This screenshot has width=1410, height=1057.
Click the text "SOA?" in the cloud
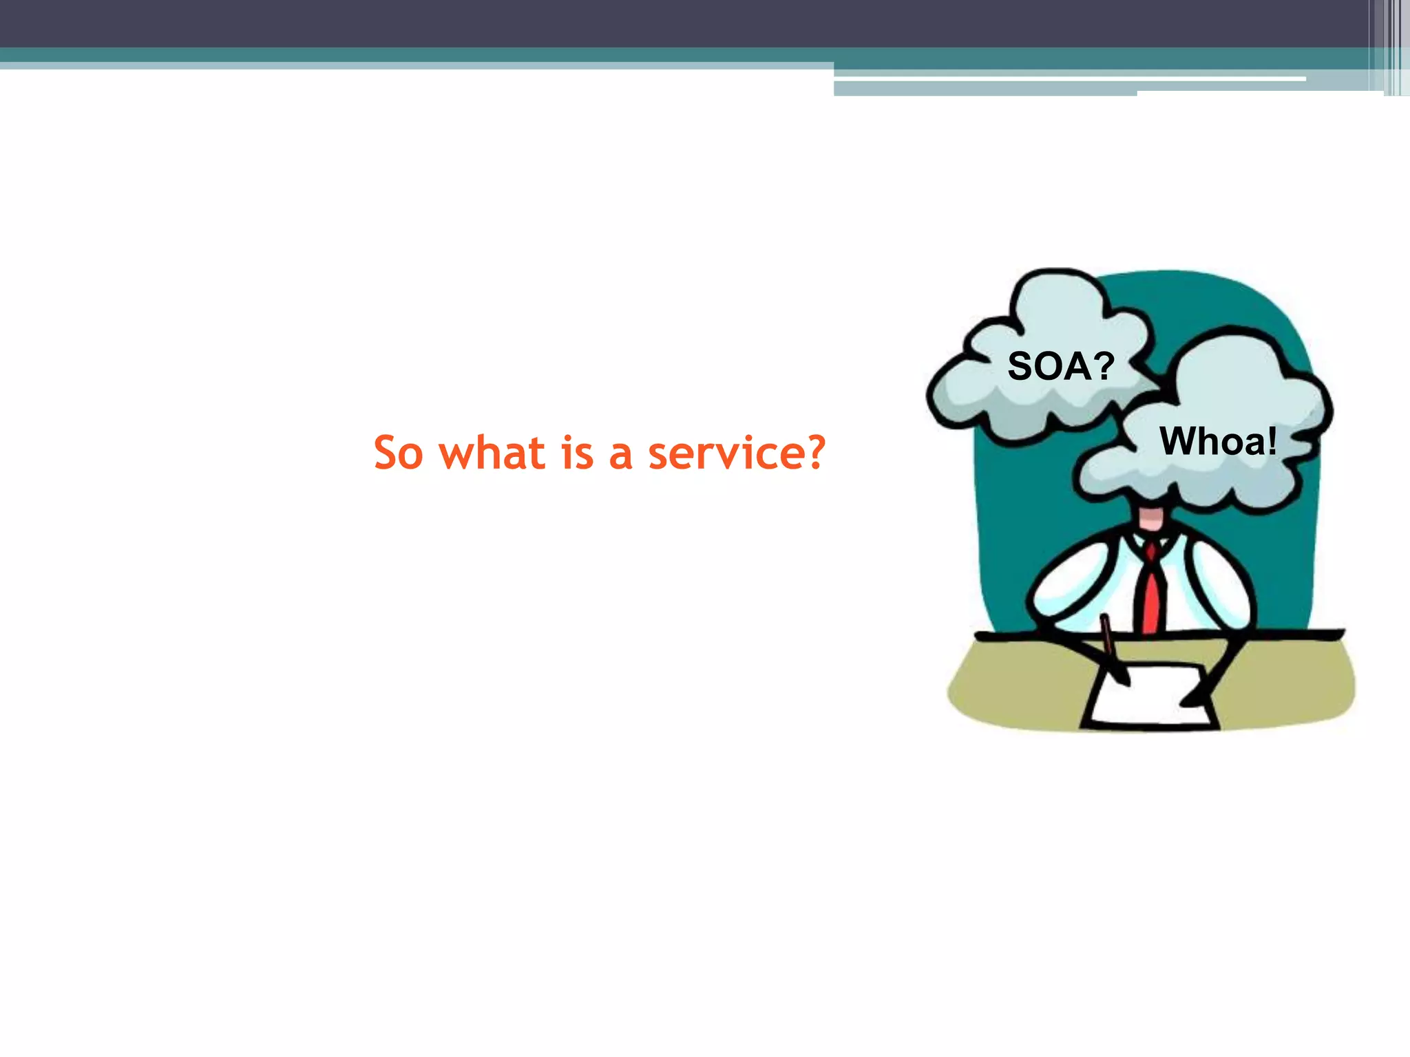pyautogui.click(x=1060, y=366)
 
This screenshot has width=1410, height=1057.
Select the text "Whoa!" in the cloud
pyautogui.click(x=1218, y=441)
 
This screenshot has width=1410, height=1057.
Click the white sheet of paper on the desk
pyautogui.click(x=1150, y=698)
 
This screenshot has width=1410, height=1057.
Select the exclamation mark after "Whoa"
pyautogui.click(x=1271, y=441)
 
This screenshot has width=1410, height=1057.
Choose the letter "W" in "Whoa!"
pyautogui.click(x=1178, y=441)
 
